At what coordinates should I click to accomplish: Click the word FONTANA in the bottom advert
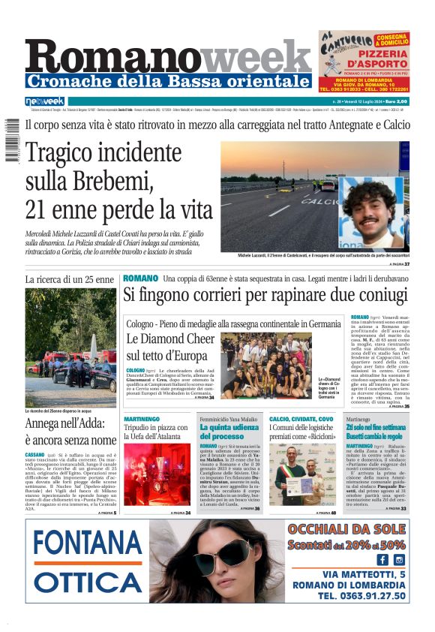pos(88,543)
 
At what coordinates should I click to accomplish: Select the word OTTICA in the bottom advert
pos(88,582)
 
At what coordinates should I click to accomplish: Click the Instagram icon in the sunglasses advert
pos(399,559)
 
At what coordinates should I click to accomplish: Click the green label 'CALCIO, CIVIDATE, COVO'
pos(301,418)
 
